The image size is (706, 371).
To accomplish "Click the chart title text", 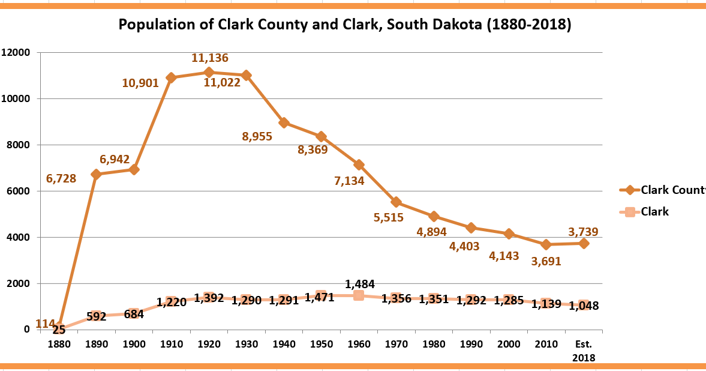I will [x=344, y=25].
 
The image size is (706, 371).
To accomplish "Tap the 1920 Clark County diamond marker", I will [x=209, y=72].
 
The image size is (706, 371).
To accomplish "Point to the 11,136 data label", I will [x=210, y=58].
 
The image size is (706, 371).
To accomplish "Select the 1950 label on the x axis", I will [x=321, y=345].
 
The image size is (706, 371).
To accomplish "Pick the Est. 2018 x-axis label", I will [x=583, y=351].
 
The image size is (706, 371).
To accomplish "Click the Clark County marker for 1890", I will [x=96, y=174].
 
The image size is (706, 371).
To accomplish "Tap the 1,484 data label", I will [x=360, y=283].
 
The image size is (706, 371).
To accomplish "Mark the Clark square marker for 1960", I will [x=359, y=295].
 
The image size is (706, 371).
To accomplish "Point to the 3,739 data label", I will [x=583, y=232].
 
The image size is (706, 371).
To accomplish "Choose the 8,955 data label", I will [x=257, y=136].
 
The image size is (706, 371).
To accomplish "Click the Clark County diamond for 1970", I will [x=396, y=202].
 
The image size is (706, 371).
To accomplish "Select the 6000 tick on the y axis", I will [x=19, y=191].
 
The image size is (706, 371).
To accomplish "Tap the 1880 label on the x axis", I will [x=59, y=345].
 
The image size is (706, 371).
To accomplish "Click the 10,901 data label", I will [x=140, y=83].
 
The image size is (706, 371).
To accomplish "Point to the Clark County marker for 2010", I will [x=546, y=244].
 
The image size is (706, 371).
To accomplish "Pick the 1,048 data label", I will [x=584, y=306].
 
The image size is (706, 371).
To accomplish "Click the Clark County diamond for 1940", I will [x=284, y=122].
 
